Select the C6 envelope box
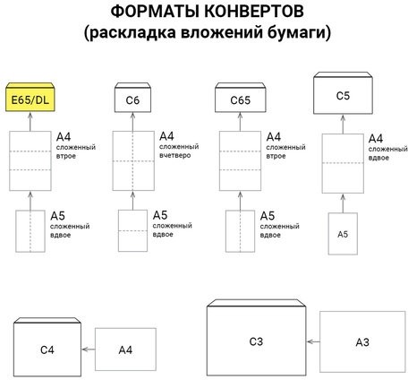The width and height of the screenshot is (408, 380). [x=133, y=98]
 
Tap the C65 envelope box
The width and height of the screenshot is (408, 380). [x=235, y=98]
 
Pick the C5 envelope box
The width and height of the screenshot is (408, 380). [x=342, y=93]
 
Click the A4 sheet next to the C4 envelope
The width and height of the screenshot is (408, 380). [x=125, y=349]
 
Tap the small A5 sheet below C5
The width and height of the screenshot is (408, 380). [x=342, y=233]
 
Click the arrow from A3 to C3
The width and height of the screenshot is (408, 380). [x=313, y=341]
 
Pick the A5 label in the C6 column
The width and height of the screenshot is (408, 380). [x=159, y=215]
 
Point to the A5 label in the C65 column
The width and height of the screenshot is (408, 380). [x=266, y=215]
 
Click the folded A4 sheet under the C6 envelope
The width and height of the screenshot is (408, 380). [x=133, y=160]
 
